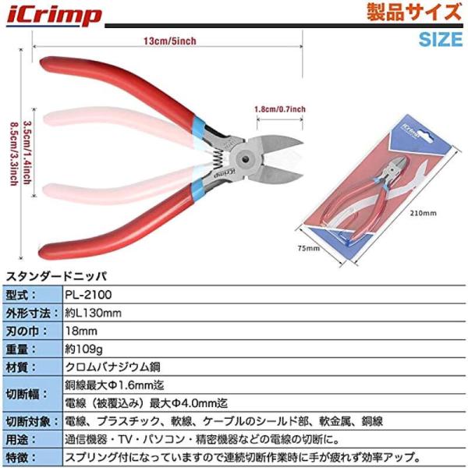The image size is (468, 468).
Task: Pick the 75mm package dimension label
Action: point(310,249)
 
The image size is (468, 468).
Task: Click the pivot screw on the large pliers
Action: point(249,156)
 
